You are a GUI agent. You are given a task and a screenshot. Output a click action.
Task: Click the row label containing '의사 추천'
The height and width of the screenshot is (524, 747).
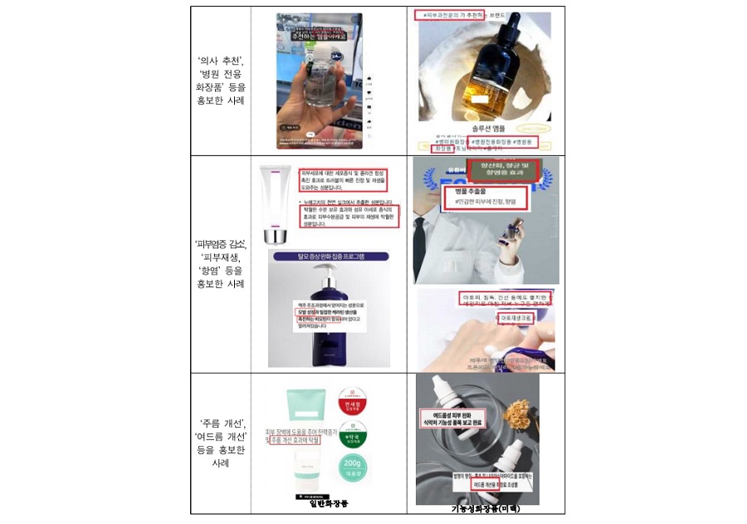220,81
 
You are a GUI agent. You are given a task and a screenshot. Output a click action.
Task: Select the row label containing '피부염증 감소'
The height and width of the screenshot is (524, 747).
220,263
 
